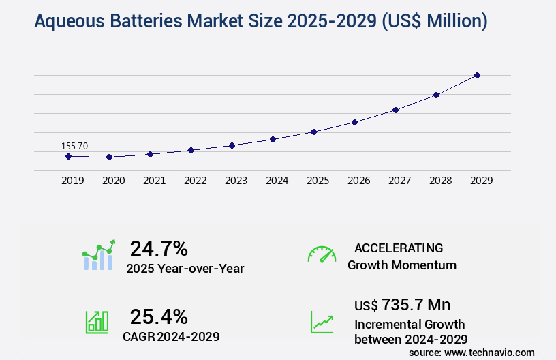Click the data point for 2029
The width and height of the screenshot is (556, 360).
click(x=477, y=75)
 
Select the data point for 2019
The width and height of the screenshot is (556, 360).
click(x=68, y=156)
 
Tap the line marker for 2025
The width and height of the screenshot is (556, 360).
click(x=313, y=132)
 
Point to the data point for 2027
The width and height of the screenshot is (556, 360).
click(x=395, y=110)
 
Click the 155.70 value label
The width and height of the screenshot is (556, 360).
click(x=74, y=145)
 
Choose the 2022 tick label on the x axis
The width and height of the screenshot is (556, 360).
click(x=195, y=181)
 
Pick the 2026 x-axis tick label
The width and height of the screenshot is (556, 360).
click(x=358, y=181)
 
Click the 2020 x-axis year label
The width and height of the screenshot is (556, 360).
click(x=113, y=181)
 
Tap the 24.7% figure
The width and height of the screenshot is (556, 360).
click(x=159, y=248)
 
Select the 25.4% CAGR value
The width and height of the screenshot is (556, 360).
click(x=159, y=316)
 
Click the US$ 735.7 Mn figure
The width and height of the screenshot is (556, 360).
click(x=402, y=304)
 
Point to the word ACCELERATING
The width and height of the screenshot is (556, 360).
click(x=399, y=247)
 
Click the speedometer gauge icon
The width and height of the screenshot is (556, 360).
click(x=322, y=254)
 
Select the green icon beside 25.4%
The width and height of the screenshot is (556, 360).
click(x=97, y=322)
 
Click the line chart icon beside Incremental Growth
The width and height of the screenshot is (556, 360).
click(x=322, y=322)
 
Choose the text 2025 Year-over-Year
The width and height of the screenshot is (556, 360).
click(x=185, y=269)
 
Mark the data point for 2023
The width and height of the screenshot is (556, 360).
click(x=232, y=145)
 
